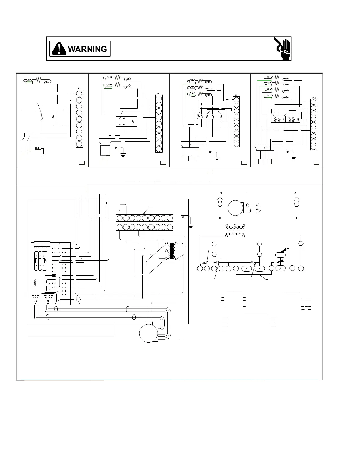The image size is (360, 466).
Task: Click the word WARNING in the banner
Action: pos(87,49)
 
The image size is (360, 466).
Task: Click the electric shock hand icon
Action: pos(283,49)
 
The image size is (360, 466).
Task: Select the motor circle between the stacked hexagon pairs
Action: pos(236,208)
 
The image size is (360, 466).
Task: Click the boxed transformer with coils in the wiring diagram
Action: pos(171,250)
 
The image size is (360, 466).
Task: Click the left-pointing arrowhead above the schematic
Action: pos(221,193)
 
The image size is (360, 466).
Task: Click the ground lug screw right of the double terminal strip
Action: pos(184,217)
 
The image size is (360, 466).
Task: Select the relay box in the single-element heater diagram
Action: pos(46,116)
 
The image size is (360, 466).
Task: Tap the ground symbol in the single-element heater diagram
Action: pos(44,155)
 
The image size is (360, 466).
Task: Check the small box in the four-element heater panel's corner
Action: pos(316,163)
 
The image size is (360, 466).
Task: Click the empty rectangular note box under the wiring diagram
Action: pos(71,330)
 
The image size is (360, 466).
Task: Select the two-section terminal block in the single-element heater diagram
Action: pos(25,146)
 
